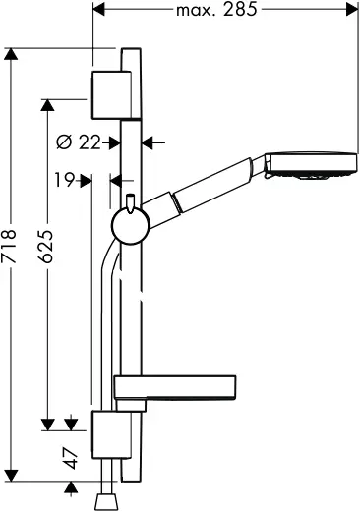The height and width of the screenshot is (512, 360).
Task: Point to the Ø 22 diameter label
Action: (x=80, y=142)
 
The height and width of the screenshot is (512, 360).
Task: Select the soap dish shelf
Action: (x=175, y=387)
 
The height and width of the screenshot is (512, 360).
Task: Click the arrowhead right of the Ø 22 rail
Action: (x=147, y=142)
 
